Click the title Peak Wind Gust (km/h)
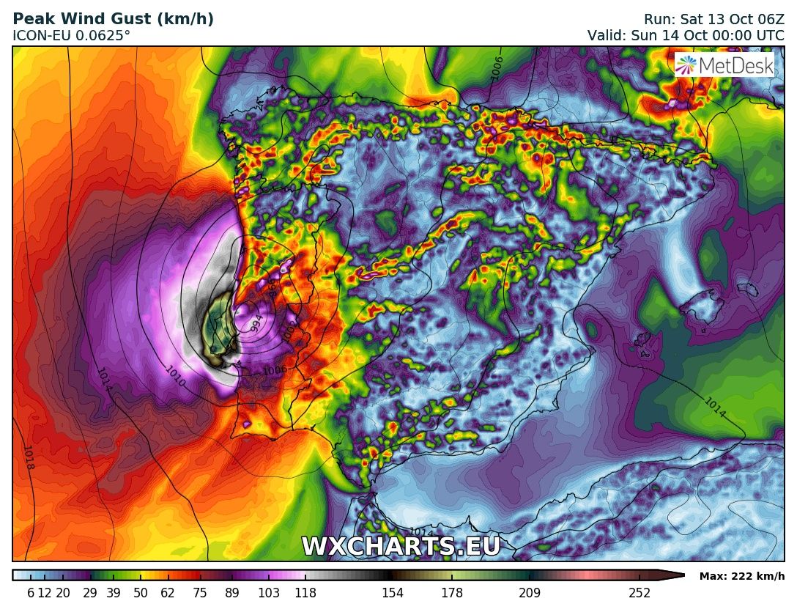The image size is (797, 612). click(x=114, y=20)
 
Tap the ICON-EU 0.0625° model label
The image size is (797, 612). click(x=72, y=35)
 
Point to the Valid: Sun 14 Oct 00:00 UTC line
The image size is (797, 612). click(x=686, y=35)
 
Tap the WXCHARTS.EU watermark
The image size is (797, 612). click(x=401, y=546)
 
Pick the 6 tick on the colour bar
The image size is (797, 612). click(x=31, y=593)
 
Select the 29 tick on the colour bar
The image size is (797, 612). click(x=90, y=593)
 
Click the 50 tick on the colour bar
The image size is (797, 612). click(x=141, y=593)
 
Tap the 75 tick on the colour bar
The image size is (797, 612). click(x=200, y=593)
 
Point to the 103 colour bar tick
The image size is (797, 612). click(x=269, y=593)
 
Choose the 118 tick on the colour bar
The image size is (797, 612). click(x=305, y=593)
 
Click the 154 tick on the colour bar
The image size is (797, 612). click(x=393, y=593)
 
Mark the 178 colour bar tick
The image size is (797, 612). click(x=452, y=593)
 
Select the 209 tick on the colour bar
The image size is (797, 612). click(x=529, y=593)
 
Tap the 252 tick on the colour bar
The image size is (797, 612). click(x=640, y=593)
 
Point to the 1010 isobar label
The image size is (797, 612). click(x=175, y=377)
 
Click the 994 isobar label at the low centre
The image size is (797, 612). click(x=256, y=322)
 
